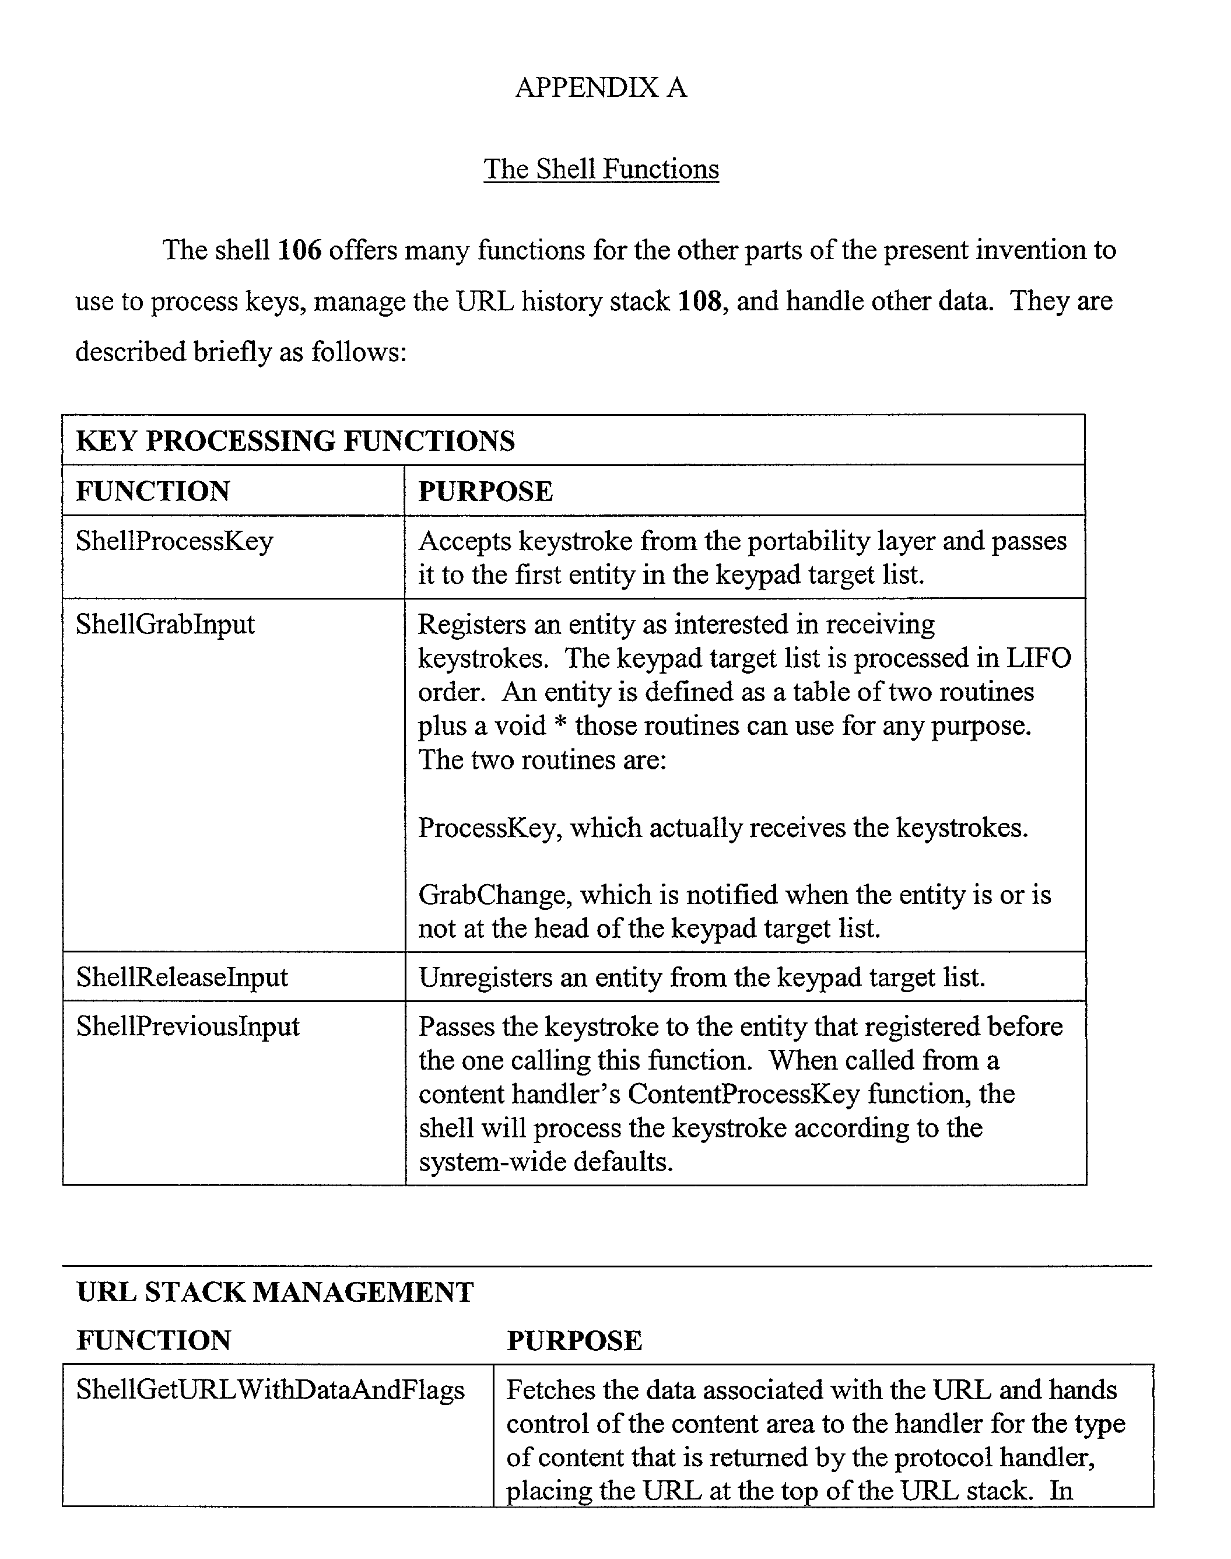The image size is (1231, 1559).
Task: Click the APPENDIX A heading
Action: [x=601, y=88]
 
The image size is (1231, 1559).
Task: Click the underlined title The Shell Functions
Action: [x=601, y=169]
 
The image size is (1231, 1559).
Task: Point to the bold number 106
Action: [x=299, y=251]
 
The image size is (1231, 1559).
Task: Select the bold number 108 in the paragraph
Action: [x=700, y=302]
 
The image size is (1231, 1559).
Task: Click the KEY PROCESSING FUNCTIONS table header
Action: [x=295, y=441]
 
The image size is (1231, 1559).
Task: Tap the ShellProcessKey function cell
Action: [x=174, y=541]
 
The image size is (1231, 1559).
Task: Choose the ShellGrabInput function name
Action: [x=165, y=624]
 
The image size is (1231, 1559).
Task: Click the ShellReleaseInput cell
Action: [x=181, y=978]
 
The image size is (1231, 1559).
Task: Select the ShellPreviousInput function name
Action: [x=187, y=1027]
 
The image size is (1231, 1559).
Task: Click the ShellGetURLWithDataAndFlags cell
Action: [x=270, y=1390]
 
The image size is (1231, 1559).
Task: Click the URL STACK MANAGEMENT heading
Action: [x=275, y=1292]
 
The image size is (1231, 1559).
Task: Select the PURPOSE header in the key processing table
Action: [x=485, y=492]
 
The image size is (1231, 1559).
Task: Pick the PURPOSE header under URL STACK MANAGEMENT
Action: [x=574, y=1341]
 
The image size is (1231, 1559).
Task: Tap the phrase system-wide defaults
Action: [x=546, y=1162]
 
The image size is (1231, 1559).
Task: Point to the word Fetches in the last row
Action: [x=549, y=1390]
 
